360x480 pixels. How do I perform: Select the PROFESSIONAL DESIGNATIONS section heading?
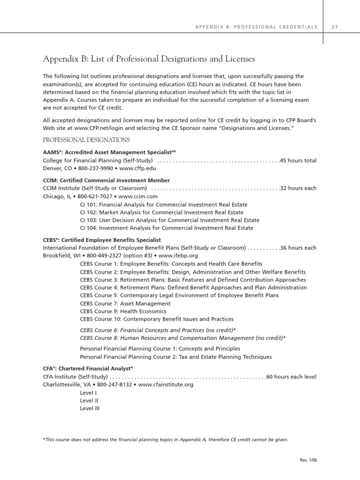coord(86,140)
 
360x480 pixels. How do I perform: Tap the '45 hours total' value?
coord(298,160)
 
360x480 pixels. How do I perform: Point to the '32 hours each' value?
coord(298,188)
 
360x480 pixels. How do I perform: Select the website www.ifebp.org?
coord(179,255)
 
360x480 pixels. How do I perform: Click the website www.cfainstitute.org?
coord(166,384)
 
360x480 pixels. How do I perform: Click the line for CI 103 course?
coord(170,220)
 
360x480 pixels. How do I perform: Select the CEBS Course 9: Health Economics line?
coord(123,311)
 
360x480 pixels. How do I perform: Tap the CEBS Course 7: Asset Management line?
coord(126,303)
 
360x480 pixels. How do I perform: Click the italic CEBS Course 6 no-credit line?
coord(158,330)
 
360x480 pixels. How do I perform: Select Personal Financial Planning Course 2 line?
coord(176,357)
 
